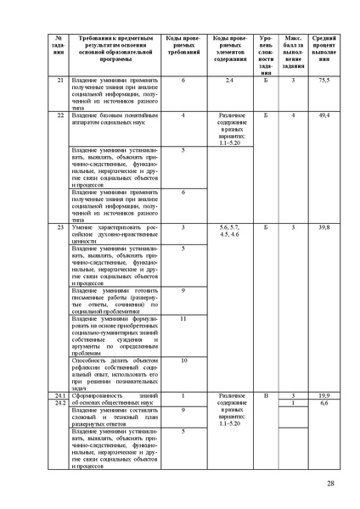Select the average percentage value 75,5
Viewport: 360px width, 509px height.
(323, 80)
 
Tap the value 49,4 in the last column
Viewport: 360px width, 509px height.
(323, 114)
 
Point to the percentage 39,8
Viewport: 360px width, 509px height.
(323, 228)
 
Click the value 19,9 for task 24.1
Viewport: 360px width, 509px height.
(323, 396)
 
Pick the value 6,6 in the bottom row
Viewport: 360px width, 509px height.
(323, 403)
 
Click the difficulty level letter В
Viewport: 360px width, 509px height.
(266, 396)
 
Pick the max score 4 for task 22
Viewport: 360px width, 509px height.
(293, 114)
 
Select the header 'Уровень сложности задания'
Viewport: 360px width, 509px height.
(266, 56)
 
